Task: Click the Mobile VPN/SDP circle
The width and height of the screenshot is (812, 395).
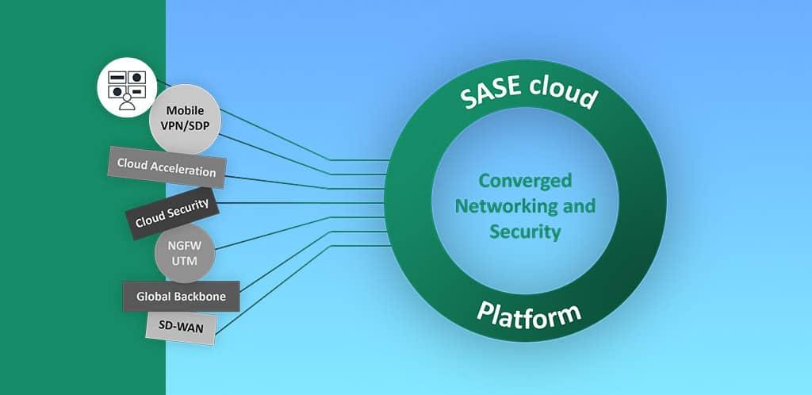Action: tap(183, 120)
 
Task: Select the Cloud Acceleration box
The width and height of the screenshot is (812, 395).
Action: tap(167, 167)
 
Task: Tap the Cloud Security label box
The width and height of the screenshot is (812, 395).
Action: tap(171, 212)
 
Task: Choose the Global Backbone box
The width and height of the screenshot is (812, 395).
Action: tap(181, 296)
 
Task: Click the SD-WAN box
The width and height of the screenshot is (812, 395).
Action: tap(181, 327)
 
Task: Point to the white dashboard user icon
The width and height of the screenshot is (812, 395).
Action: tap(125, 86)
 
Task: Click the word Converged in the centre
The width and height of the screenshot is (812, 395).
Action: tap(525, 181)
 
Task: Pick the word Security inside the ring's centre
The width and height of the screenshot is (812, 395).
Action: tap(525, 232)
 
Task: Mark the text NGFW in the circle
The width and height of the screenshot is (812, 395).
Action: tap(183, 245)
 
